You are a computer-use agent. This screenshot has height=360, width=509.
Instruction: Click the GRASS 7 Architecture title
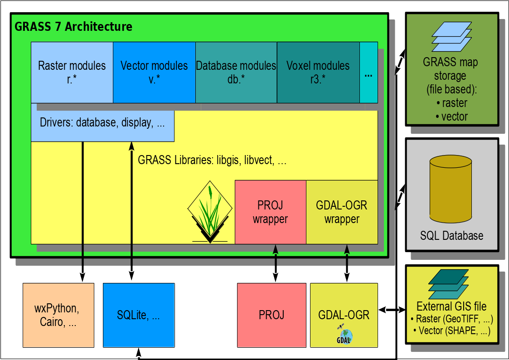pyautogui.click(x=73, y=27)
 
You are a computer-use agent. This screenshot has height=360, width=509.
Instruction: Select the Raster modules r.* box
pyautogui.click(x=72, y=73)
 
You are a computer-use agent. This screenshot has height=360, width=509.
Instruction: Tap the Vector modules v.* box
pyautogui.click(x=154, y=73)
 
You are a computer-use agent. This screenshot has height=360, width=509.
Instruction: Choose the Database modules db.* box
pyautogui.click(x=236, y=73)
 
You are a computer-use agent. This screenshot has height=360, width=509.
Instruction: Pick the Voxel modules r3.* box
pyautogui.click(x=318, y=73)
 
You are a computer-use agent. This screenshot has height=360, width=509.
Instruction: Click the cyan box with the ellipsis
pyautogui.click(x=368, y=73)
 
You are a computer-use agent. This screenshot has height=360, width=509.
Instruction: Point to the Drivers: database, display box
pyautogui.click(x=102, y=122)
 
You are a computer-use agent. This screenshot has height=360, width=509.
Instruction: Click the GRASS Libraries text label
pyautogui.click(x=212, y=160)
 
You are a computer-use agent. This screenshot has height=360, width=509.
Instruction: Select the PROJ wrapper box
pyautogui.click(x=271, y=212)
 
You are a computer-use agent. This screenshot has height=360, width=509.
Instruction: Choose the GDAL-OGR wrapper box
pyautogui.click(x=342, y=212)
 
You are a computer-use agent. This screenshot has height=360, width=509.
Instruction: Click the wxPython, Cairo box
pyautogui.click(x=58, y=315)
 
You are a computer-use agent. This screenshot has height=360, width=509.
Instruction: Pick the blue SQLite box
pyautogui.click(x=139, y=315)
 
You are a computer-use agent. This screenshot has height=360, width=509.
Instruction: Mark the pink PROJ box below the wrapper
pyautogui.click(x=271, y=315)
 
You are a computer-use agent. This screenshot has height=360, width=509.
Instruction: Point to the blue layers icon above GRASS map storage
pyautogui.click(x=451, y=37)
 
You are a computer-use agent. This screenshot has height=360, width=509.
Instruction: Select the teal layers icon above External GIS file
pyautogui.click(x=449, y=282)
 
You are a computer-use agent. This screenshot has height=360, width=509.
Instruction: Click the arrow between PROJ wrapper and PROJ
pyautogui.click(x=275, y=263)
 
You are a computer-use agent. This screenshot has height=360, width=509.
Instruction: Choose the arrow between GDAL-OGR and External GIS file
pyautogui.click(x=392, y=310)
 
